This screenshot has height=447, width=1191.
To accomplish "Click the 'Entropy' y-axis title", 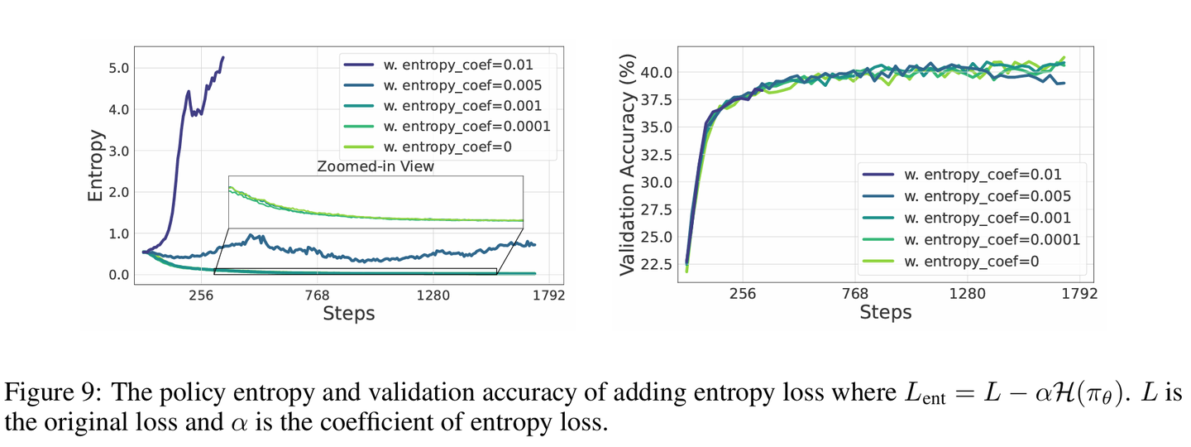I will [x=97, y=165].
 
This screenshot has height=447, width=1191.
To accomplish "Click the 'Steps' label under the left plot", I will [x=348, y=314].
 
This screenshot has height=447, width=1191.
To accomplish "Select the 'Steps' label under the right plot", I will [x=885, y=313].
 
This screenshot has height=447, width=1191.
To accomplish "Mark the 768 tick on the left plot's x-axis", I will [x=318, y=295].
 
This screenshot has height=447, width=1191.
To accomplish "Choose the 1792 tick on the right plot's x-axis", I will [x=1079, y=295].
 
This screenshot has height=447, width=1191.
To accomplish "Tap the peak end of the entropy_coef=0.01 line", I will [x=222, y=58].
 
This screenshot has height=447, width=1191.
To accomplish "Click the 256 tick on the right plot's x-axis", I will [x=742, y=295].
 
